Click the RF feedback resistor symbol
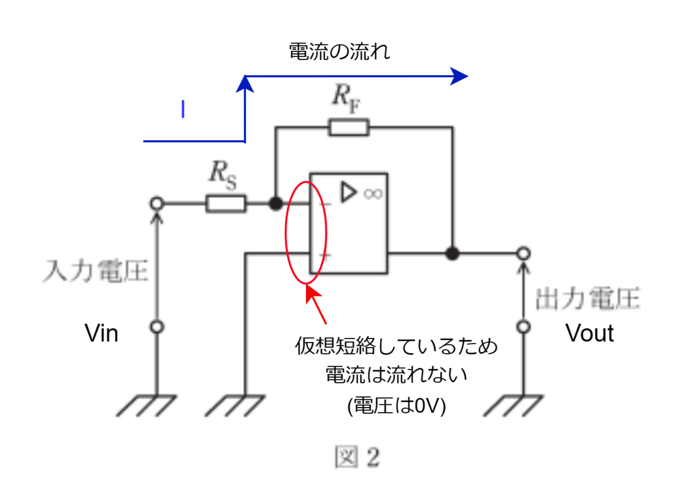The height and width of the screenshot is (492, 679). click(x=349, y=127)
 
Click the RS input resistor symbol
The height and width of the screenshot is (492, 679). click(x=226, y=203)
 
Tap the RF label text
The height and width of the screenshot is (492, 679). click(x=346, y=99)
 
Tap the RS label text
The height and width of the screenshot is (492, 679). click(x=223, y=175)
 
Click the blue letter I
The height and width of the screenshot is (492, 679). click(x=183, y=109)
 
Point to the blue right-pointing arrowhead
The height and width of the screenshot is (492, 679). click(x=459, y=76)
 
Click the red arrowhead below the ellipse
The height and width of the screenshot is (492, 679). click(x=313, y=294)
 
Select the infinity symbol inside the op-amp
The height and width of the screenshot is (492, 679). click(x=373, y=194)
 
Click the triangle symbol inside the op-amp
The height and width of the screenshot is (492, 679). click(x=349, y=192)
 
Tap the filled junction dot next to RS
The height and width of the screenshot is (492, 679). click(x=276, y=203)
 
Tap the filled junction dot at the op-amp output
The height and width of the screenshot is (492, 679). click(x=452, y=253)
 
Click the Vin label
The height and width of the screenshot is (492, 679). click(x=101, y=333)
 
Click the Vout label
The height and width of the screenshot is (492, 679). click(x=590, y=333)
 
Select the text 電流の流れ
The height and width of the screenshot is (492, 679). click(x=339, y=52)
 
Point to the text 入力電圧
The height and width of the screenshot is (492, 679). click(x=96, y=271)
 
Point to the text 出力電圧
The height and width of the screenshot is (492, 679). click(x=588, y=299)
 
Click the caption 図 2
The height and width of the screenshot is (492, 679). click(x=358, y=456)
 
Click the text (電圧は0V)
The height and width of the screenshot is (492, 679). click(x=397, y=405)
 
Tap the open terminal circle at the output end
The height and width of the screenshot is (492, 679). click(x=523, y=253)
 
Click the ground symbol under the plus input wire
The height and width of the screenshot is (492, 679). click(x=235, y=405)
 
